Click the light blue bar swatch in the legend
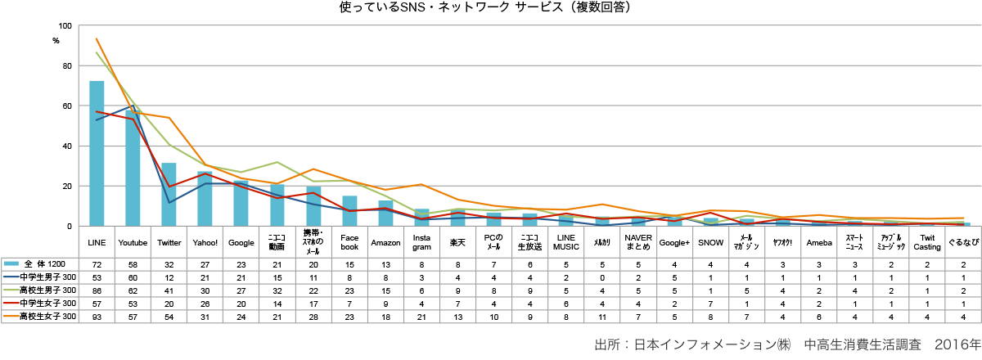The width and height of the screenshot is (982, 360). (x=11, y=263)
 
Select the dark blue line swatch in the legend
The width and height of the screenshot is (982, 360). (x=11, y=277)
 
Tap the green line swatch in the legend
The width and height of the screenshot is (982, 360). (x=11, y=290)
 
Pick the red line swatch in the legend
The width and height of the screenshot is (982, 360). (x=11, y=303)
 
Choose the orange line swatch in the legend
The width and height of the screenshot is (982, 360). (x=11, y=316)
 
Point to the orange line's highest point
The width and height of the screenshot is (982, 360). (x=97, y=38)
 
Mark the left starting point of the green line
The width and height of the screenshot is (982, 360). (x=97, y=53)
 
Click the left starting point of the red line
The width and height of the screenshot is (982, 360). (x=97, y=111)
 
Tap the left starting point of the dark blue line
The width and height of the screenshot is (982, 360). (x=97, y=120)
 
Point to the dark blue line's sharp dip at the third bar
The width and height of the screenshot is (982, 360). (x=169, y=202)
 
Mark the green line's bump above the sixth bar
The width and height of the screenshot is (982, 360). (x=277, y=162)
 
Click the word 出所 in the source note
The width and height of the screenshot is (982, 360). (x=605, y=344)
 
